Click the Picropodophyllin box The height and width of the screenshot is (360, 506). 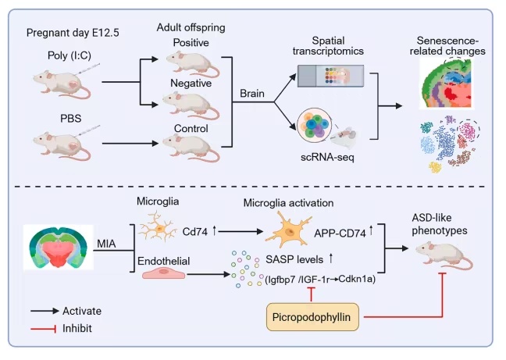point(310,317)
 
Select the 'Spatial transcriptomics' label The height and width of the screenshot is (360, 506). point(330,45)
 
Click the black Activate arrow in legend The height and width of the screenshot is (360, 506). point(48,311)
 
